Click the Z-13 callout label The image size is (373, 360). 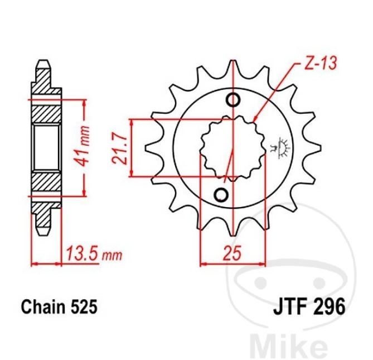point(321,63)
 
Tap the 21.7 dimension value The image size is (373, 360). point(119,149)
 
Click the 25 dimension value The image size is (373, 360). point(232,252)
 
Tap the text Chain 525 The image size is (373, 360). point(59,306)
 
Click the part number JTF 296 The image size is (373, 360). point(309,306)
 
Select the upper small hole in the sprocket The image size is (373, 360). point(233,100)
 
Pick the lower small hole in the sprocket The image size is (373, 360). point(221,195)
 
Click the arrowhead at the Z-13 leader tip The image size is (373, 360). point(255,119)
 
